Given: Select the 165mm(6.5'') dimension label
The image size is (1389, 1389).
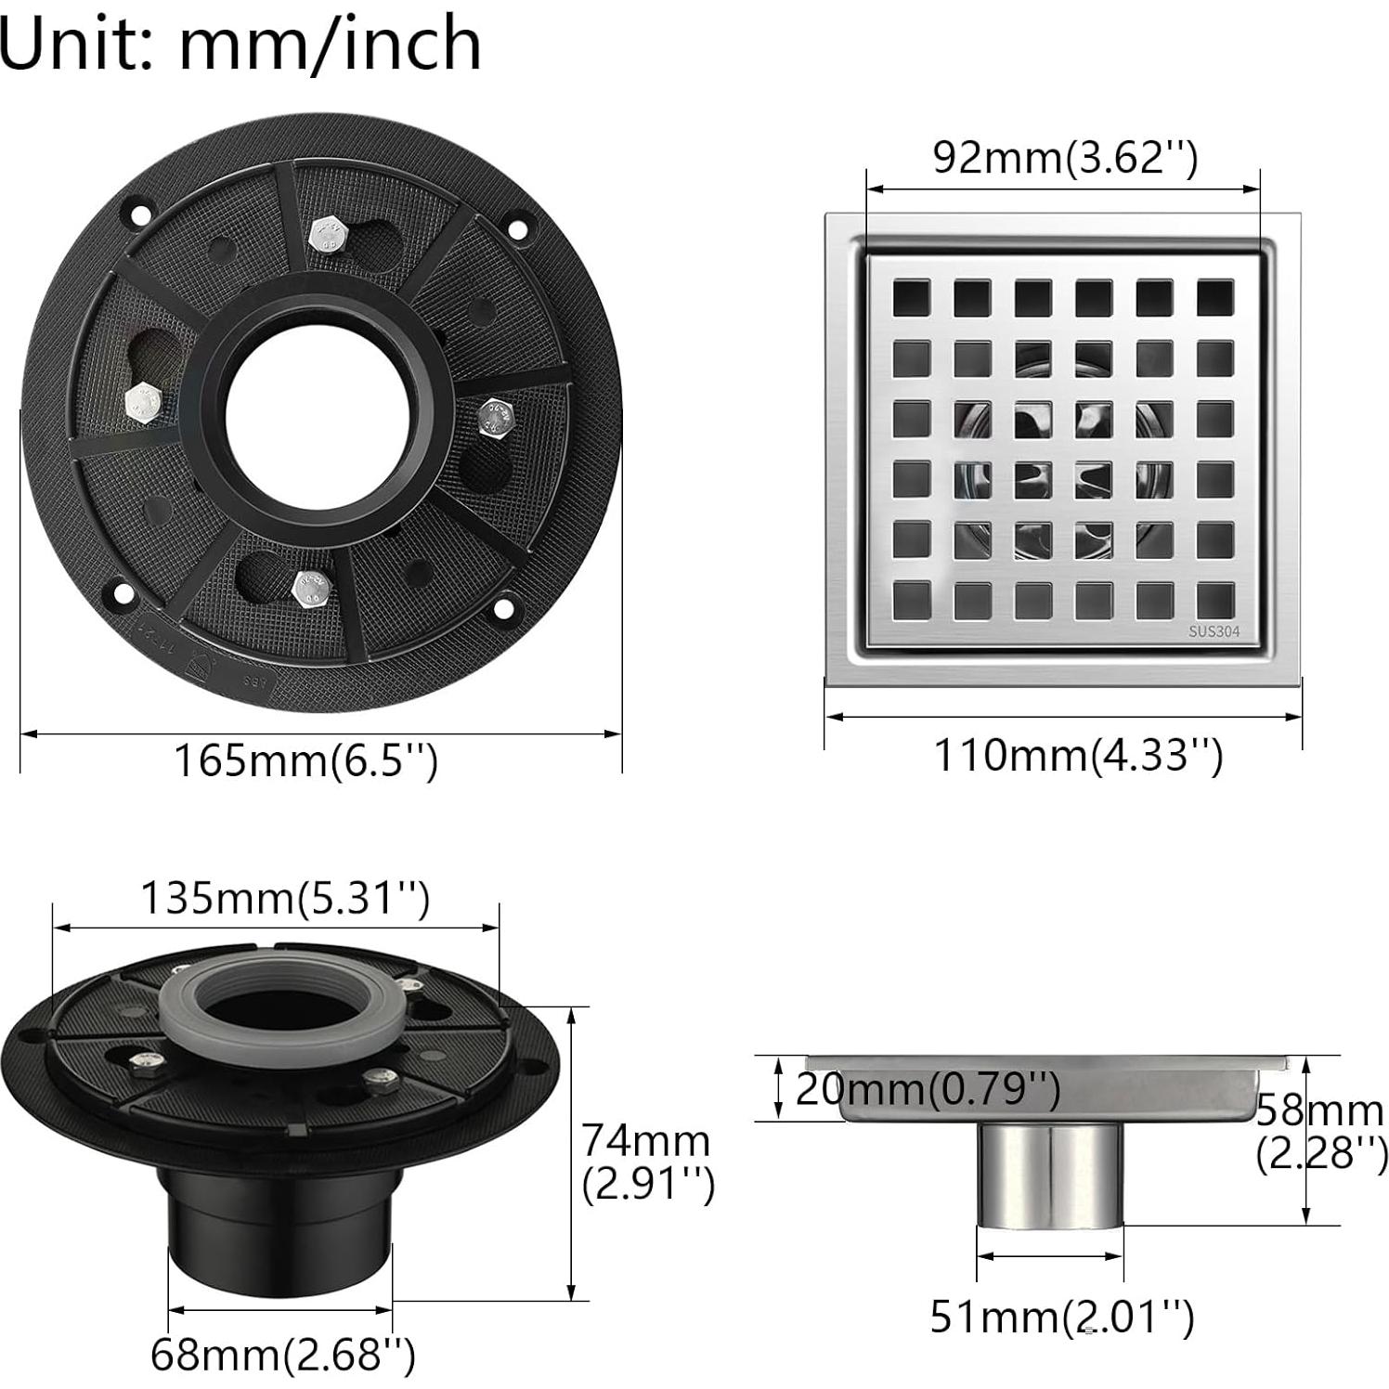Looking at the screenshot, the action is [x=305, y=761].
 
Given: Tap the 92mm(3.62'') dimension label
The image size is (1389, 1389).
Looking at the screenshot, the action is [x=1066, y=158].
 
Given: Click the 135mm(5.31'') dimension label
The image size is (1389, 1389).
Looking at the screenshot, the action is [x=285, y=898].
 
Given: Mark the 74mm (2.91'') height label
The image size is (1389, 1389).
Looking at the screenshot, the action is [x=648, y=1162].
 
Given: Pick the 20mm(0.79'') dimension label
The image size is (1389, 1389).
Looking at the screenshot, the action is [x=928, y=1088].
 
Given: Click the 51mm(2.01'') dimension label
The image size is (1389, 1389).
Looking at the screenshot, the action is [x=1062, y=1316].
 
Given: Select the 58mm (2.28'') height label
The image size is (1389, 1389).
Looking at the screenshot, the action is [x=1320, y=1132].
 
